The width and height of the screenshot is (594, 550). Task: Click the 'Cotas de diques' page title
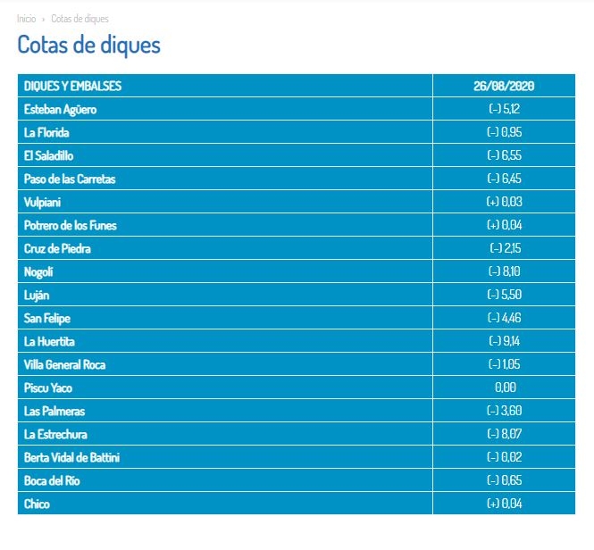[89, 45]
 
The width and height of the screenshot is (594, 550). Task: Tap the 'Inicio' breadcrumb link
[27, 19]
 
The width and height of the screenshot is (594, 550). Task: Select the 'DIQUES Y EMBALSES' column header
[72, 86]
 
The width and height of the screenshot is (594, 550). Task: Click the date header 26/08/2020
[504, 86]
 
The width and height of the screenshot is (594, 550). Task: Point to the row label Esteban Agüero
[60, 110]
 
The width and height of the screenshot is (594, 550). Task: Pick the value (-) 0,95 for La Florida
[504, 132]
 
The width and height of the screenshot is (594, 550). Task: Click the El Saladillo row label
[48, 155]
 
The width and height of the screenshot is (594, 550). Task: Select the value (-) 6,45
[504, 179]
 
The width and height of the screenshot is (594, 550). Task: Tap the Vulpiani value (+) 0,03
[504, 202]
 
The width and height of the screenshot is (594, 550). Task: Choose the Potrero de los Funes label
[70, 225]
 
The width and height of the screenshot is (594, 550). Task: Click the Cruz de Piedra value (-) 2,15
[506, 248]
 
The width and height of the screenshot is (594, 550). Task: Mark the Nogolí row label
[38, 272]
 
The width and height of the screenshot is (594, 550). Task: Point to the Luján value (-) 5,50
[504, 295]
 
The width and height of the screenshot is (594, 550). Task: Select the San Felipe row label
[47, 318]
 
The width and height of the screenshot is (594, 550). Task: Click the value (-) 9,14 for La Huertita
[505, 341]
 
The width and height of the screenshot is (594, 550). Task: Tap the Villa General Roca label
[65, 365]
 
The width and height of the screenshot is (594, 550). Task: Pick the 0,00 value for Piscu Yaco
[506, 387]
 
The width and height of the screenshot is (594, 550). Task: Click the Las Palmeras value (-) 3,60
[504, 410]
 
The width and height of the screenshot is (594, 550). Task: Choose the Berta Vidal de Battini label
[71, 457]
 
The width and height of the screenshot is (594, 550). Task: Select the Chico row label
[37, 504]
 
